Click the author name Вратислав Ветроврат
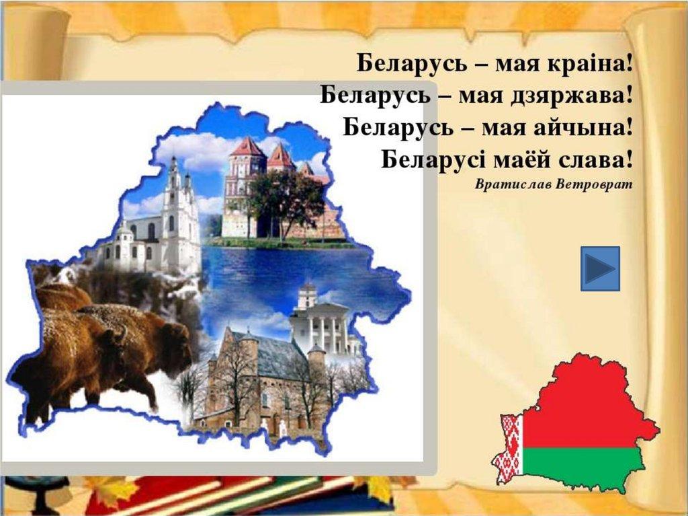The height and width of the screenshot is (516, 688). [x=554, y=184]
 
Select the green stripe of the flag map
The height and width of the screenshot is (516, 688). [x=584, y=466]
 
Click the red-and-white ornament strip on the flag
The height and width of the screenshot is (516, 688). [x=509, y=448]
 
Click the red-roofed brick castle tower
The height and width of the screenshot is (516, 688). [x=246, y=176]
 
